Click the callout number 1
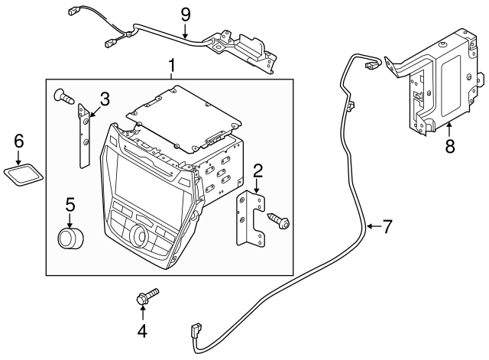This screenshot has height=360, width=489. (x=171, y=66)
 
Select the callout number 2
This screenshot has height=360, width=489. (x=258, y=170)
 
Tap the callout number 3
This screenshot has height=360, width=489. (x=105, y=98)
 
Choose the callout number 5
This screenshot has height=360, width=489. (x=70, y=205)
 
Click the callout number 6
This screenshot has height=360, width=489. (x=19, y=140)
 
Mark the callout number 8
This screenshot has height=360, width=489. (x=450, y=144)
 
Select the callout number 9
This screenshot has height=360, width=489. (x=184, y=13)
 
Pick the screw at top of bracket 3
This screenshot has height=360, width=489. (x=64, y=96)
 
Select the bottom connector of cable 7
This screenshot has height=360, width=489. (x=193, y=333)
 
